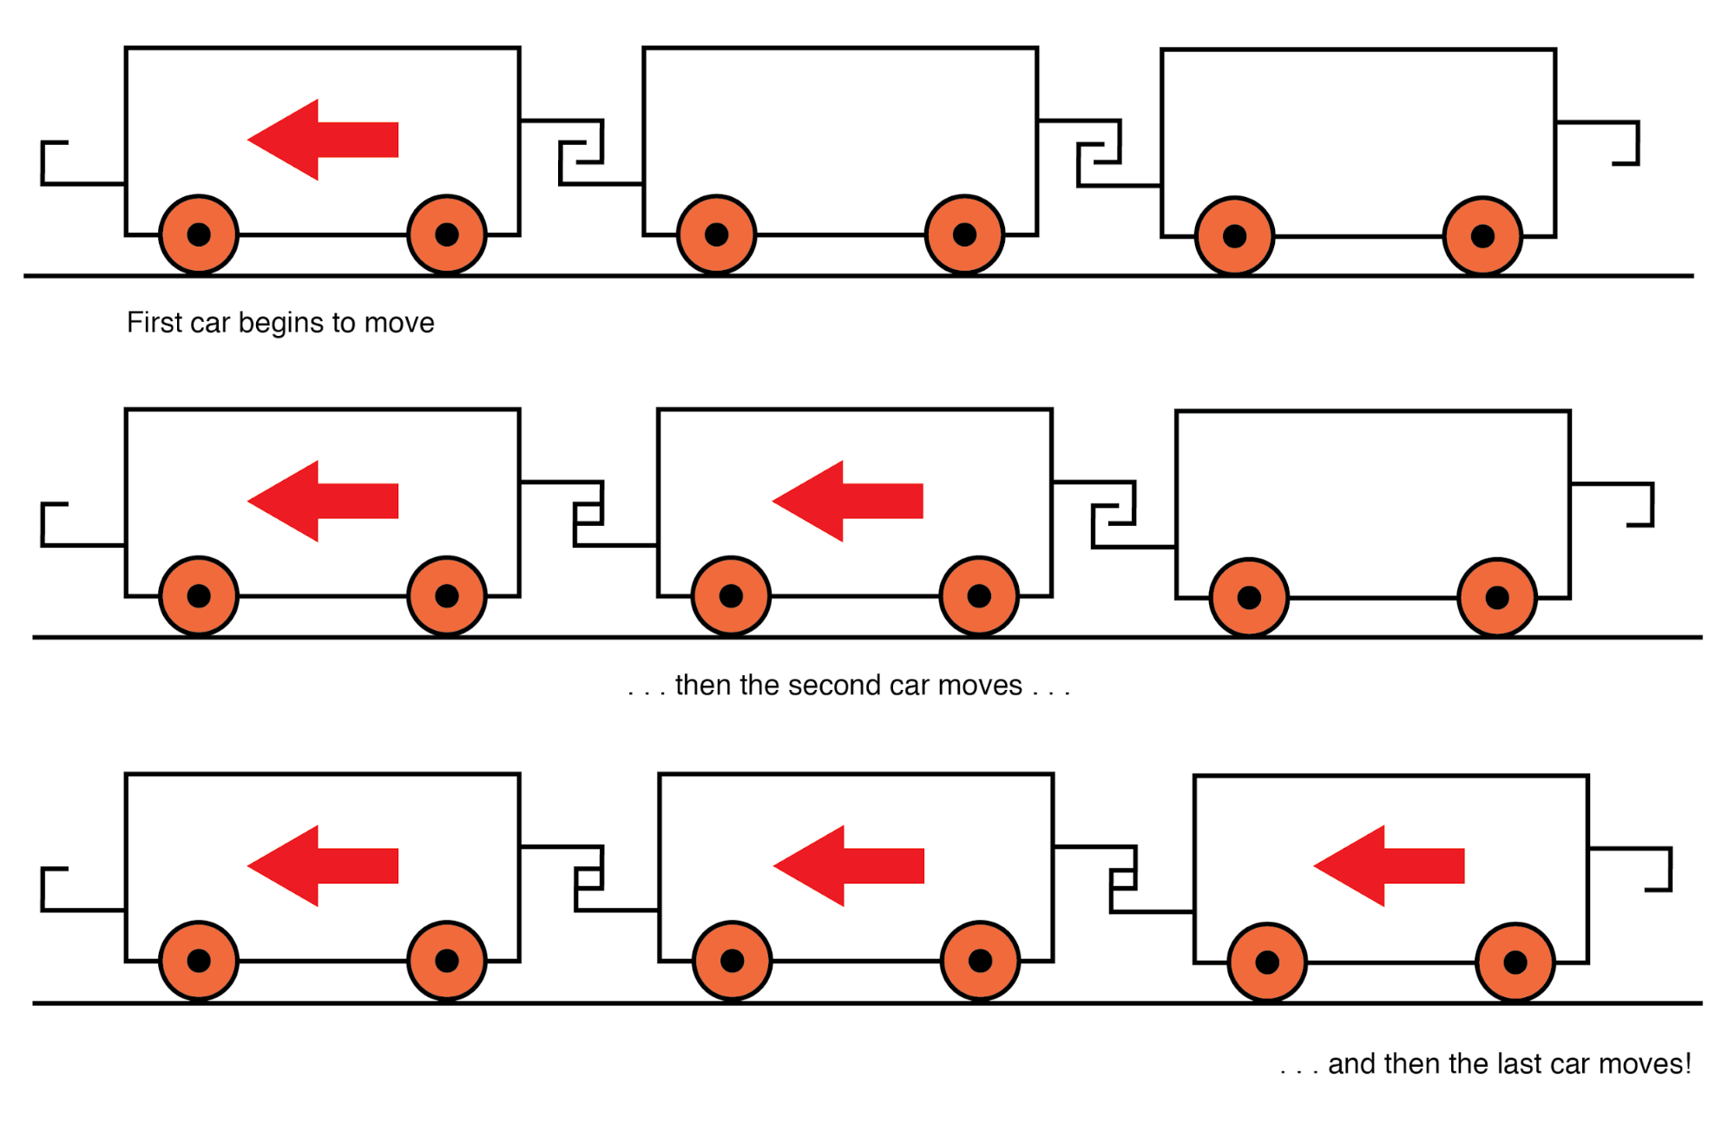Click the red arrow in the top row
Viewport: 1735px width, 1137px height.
pos(322,140)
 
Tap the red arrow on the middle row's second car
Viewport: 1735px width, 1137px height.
pos(847,501)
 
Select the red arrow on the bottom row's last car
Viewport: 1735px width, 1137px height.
pos(1389,865)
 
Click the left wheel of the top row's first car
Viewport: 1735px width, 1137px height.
pos(199,234)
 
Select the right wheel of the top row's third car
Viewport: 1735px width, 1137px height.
pos(1482,236)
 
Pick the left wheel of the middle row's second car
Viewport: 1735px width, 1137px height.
pos(731,596)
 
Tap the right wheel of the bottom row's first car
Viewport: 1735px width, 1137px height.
pos(447,961)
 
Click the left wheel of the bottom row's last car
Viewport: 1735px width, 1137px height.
pos(1267,963)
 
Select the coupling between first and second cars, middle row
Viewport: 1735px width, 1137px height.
pos(588,513)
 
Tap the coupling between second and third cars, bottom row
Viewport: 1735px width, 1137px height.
pos(1123,878)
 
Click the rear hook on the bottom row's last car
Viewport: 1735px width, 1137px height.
pos(1657,869)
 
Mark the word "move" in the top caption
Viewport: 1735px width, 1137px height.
pos(399,323)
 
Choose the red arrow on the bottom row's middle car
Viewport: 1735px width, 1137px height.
pos(848,865)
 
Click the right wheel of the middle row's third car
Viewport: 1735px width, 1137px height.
pos(1497,598)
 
